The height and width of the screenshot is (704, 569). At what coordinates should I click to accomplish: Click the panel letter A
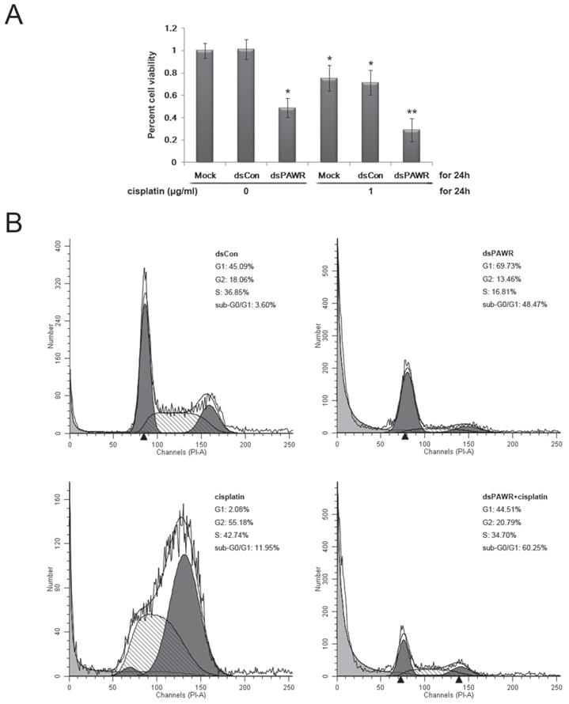(x=14, y=13)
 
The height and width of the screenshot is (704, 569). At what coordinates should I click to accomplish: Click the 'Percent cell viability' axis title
(x=152, y=94)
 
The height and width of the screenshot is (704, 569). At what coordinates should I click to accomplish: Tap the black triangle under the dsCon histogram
(x=143, y=437)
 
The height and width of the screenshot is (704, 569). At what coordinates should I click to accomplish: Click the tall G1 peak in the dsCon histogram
(x=144, y=364)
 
